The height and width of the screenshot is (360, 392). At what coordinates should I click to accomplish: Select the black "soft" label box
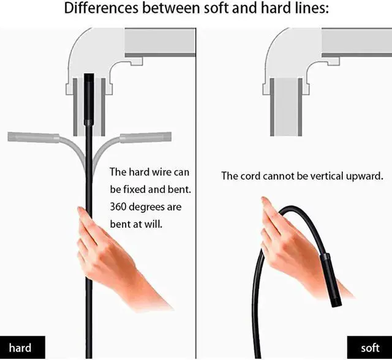click(369, 348)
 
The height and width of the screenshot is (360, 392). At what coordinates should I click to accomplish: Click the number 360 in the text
click(118, 207)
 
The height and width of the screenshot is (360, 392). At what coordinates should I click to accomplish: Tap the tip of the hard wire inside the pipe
click(89, 78)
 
